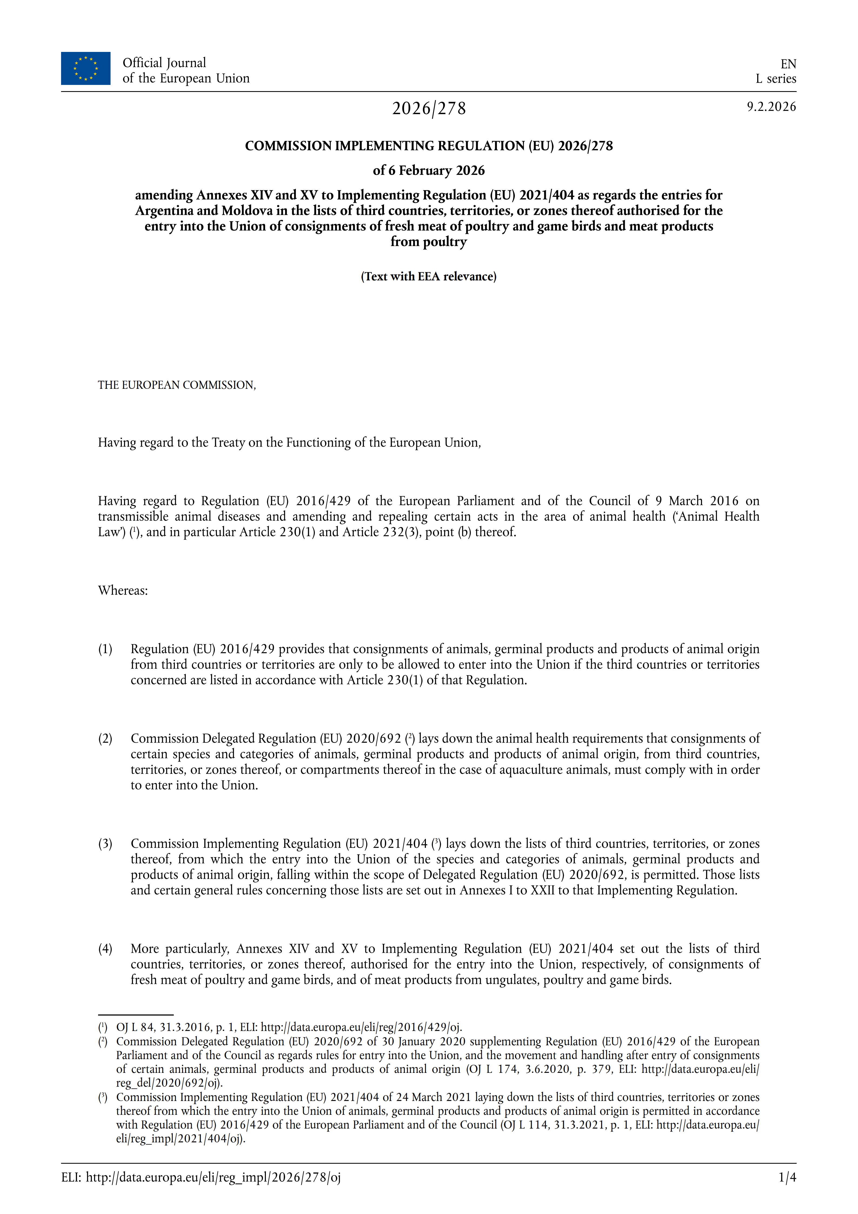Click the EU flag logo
pyautogui.click(x=86, y=68)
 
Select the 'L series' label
pyautogui.click(x=776, y=79)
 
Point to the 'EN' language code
pyautogui.click(x=788, y=64)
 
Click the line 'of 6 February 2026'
pyautogui.click(x=429, y=170)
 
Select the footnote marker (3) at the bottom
pyautogui.click(x=102, y=1097)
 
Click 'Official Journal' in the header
pyautogui.click(x=164, y=63)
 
